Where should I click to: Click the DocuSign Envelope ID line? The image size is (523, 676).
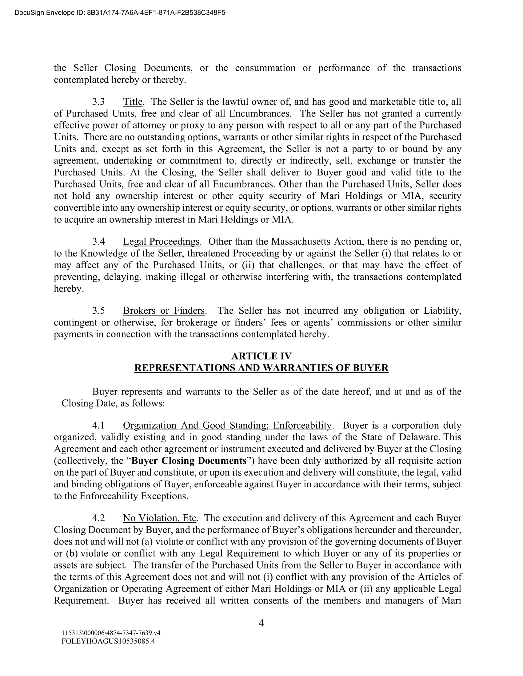(120, 13)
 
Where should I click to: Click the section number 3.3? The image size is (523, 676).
(98, 102)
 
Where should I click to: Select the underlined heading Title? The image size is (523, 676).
(133, 102)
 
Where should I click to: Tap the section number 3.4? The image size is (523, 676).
(98, 242)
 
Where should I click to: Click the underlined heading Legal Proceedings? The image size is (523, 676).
(161, 242)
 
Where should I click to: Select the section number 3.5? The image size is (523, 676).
(98, 311)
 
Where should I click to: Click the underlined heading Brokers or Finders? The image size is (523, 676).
(164, 311)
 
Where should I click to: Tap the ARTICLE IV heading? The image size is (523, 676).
(261, 356)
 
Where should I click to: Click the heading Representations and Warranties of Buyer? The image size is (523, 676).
(261, 368)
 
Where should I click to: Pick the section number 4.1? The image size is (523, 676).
(98, 426)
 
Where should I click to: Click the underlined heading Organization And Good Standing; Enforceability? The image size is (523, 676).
(227, 426)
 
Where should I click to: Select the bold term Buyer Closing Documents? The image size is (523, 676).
(189, 461)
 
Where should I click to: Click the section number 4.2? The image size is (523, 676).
(98, 518)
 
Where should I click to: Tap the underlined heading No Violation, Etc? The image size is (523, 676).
(160, 518)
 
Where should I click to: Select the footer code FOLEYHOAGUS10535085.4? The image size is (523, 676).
(108, 641)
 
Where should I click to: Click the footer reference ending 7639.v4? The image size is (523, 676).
(111, 633)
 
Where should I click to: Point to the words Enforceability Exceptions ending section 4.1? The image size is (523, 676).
(134, 496)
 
